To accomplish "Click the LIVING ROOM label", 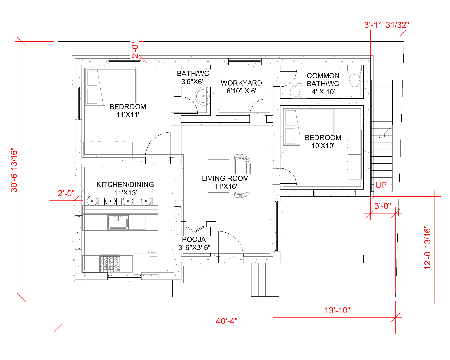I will (225, 178).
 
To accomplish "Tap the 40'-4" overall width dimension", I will (226, 321).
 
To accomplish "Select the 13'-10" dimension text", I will (337, 310).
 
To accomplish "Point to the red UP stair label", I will (381, 185).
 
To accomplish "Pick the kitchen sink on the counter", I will (118, 222).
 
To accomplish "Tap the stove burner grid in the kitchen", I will (110, 263).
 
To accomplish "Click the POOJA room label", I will (194, 239).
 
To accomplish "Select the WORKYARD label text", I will (241, 83).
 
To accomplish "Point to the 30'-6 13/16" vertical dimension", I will (14, 170).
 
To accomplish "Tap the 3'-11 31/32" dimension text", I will (386, 25).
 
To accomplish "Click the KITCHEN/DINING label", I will (125, 184).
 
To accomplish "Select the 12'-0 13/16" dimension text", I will (427, 247).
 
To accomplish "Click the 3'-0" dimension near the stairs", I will (382, 206).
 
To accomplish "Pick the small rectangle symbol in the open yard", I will (366, 259).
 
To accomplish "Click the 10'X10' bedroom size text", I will (323, 146).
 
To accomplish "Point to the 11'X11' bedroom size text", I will (128, 114).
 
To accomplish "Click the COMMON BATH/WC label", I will (323, 80).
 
